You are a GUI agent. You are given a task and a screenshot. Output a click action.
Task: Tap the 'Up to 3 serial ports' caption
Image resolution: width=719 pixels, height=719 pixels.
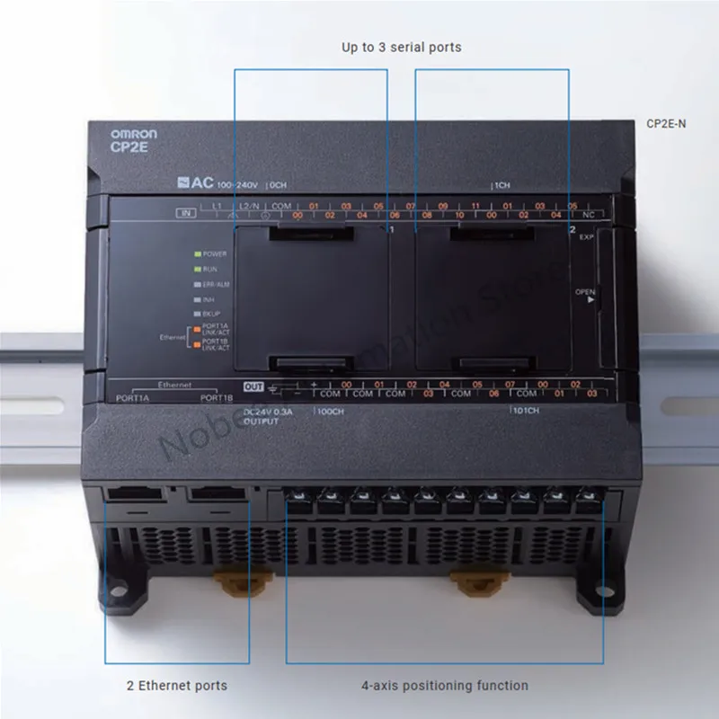[401, 47]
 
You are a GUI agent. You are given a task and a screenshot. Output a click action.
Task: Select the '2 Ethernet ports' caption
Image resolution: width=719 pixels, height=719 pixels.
[176, 686]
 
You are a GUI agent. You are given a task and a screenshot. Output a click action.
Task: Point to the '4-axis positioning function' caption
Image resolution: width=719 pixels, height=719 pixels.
[445, 686]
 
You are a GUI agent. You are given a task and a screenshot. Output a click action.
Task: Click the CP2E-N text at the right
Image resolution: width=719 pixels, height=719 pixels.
[666, 124]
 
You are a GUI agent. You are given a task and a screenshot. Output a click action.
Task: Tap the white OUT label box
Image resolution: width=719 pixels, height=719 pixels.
[253, 386]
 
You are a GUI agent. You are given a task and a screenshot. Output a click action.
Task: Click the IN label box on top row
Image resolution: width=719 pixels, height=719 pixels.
[187, 213]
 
